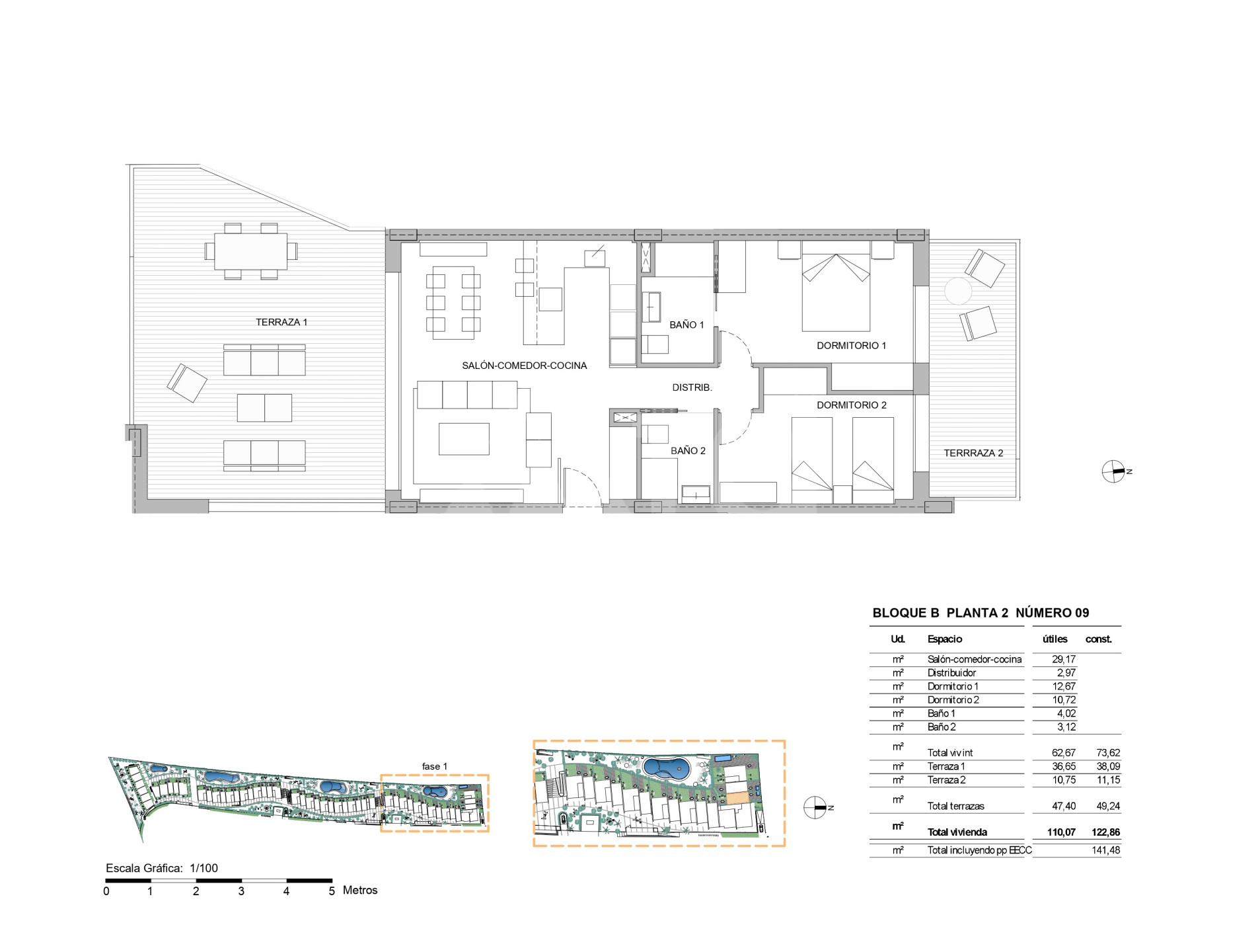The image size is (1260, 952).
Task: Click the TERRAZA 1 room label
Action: (x=281, y=322)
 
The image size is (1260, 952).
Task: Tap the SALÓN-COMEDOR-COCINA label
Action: (x=524, y=366)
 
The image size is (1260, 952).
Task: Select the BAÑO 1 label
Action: (x=686, y=325)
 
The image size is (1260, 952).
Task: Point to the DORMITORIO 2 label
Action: (x=851, y=405)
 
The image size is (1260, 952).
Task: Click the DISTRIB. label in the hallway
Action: (x=692, y=387)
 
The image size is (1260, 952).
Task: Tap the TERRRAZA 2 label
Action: (x=973, y=453)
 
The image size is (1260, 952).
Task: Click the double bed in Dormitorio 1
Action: (x=835, y=286)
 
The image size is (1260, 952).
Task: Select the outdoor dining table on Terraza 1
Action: (x=250, y=251)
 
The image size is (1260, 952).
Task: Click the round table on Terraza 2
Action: (x=957, y=291)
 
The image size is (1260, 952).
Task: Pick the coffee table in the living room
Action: (x=464, y=439)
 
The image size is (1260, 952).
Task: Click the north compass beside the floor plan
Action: (x=1114, y=471)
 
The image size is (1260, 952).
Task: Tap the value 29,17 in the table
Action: (x=1064, y=659)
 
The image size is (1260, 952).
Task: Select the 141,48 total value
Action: (x=1105, y=850)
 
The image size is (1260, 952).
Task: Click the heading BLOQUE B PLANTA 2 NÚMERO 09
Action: (x=981, y=613)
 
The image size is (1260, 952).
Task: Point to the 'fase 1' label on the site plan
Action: (x=434, y=766)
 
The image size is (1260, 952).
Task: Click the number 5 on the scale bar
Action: (x=332, y=891)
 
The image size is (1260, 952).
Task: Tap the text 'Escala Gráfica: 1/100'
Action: (x=162, y=868)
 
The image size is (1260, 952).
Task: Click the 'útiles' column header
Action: (x=1055, y=639)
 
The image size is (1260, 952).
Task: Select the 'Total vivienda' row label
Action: (x=957, y=832)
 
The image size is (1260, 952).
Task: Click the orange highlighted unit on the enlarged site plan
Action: (x=737, y=798)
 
